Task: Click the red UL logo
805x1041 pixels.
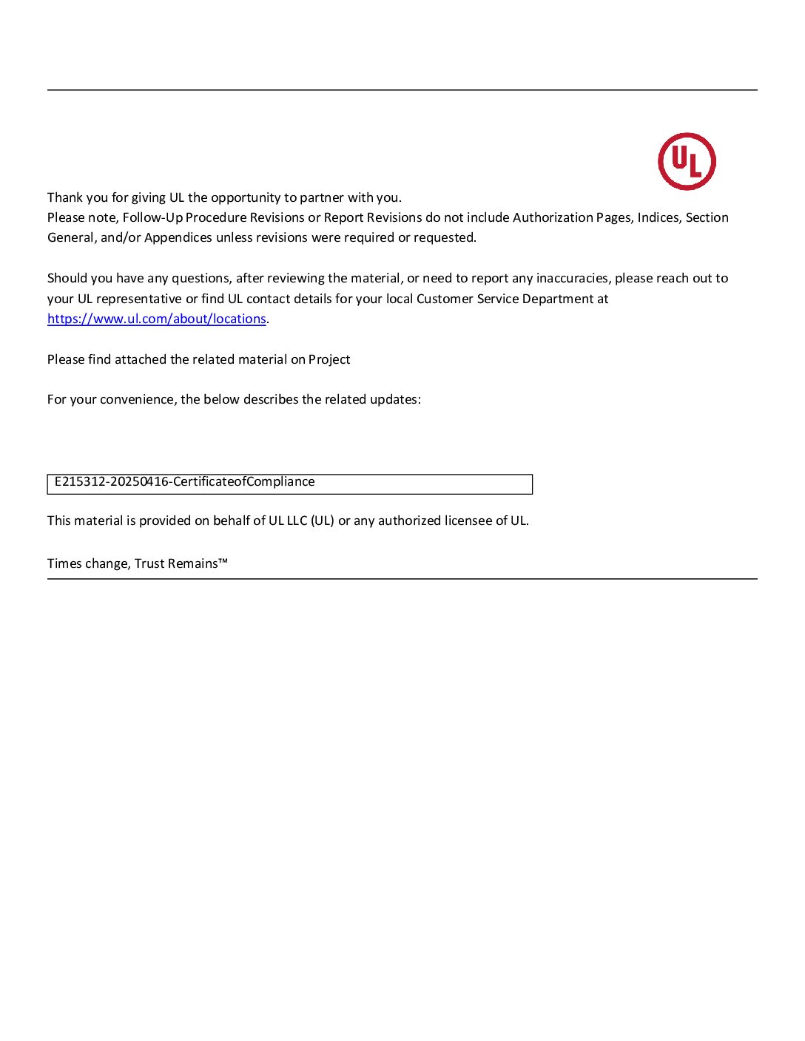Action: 687,161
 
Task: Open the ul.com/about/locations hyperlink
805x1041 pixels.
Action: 157,319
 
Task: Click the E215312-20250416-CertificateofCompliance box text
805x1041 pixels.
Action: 184,482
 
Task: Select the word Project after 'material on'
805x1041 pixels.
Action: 329,359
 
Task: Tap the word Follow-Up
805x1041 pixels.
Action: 152,217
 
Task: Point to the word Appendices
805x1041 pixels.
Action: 178,237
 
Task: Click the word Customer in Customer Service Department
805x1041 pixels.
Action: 442,299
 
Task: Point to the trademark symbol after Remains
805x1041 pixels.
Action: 223,562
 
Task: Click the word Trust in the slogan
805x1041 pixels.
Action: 149,563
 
